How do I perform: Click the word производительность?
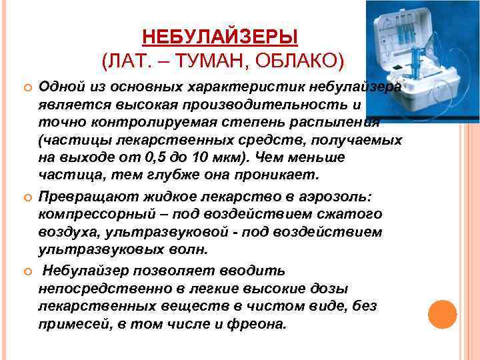point(280,105)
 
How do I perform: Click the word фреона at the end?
point(259,325)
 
